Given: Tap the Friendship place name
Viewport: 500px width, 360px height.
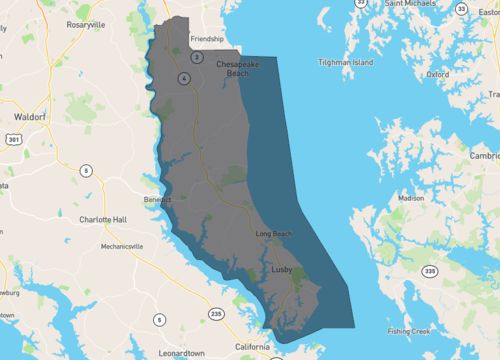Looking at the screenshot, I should pyautogui.click(x=207, y=39).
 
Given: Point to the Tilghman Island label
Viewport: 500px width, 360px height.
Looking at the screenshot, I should pyautogui.click(x=346, y=62).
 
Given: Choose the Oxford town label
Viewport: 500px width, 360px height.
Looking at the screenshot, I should pyautogui.click(x=438, y=73).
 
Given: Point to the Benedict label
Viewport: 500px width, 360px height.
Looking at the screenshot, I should pyautogui.click(x=157, y=199).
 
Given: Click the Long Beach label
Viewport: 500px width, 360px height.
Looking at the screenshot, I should pyautogui.click(x=273, y=233).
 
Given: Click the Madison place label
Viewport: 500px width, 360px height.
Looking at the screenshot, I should pyautogui.click(x=411, y=198).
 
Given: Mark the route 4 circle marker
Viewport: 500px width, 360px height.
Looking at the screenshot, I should pyautogui.click(x=184, y=76).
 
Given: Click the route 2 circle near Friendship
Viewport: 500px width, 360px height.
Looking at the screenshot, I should pyautogui.click(x=197, y=57).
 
